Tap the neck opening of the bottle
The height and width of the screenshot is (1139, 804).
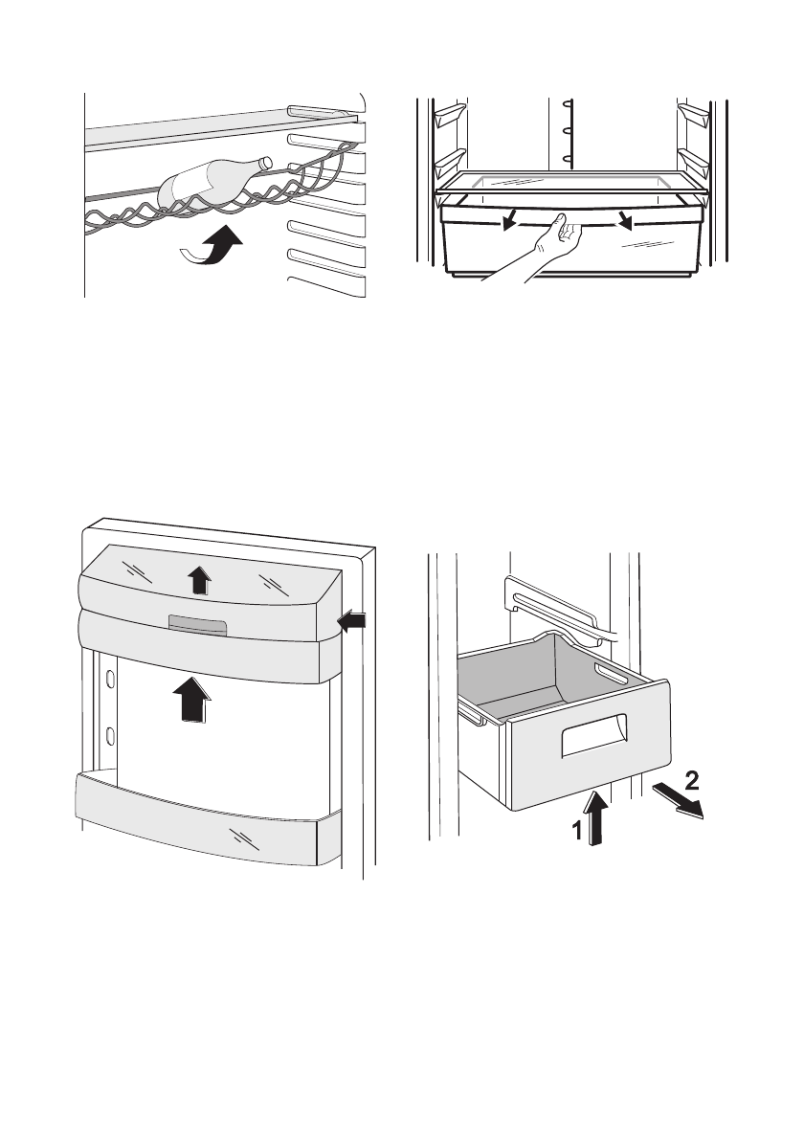tap(266, 162)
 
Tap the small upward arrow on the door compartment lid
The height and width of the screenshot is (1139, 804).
tap(197, 579)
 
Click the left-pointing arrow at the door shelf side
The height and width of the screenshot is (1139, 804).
tap(351, 623)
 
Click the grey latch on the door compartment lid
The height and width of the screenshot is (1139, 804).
tap(197, 625)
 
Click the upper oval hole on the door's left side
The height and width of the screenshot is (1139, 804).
tap(110, 679)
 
